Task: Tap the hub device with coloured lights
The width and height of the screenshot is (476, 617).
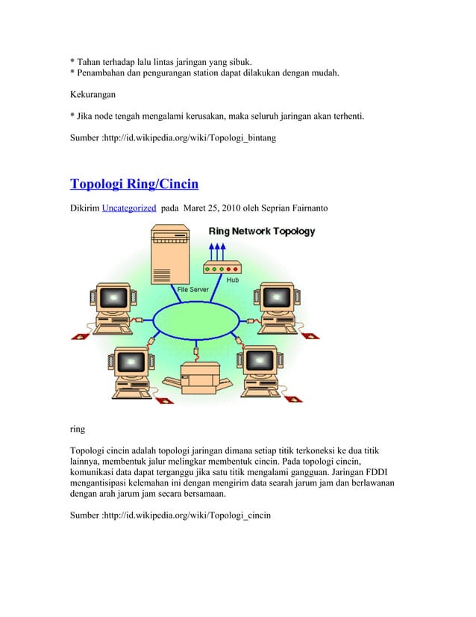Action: pyautogui.click(x=222, y=269)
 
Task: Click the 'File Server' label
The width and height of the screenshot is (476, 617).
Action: pyautogui.click(x=192, y=288)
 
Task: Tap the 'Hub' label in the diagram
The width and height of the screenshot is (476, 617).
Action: pyautogui.click(x=233, y=281)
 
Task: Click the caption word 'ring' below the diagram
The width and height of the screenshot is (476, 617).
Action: pyautogui.click(x=77, y=430)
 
